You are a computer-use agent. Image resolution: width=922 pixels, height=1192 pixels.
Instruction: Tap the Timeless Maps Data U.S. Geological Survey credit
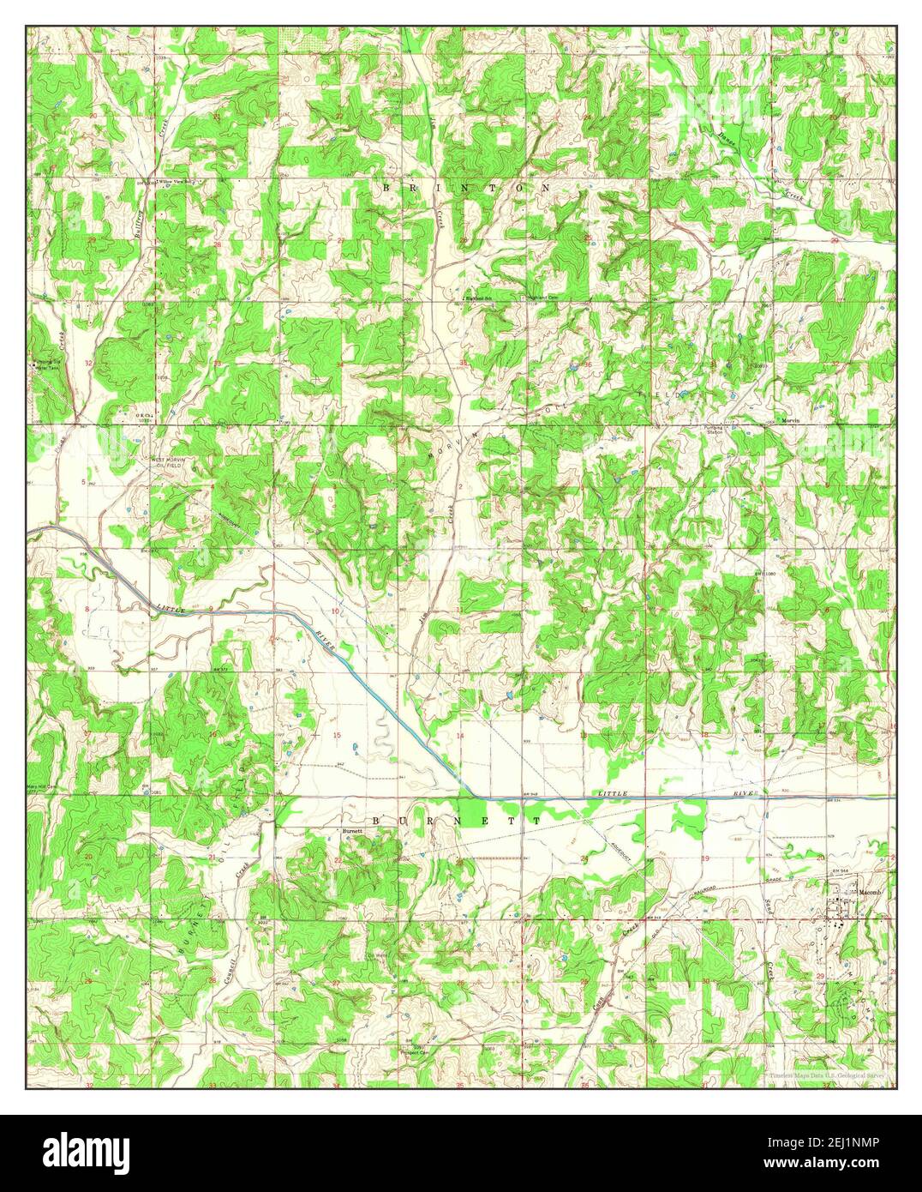829,1075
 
